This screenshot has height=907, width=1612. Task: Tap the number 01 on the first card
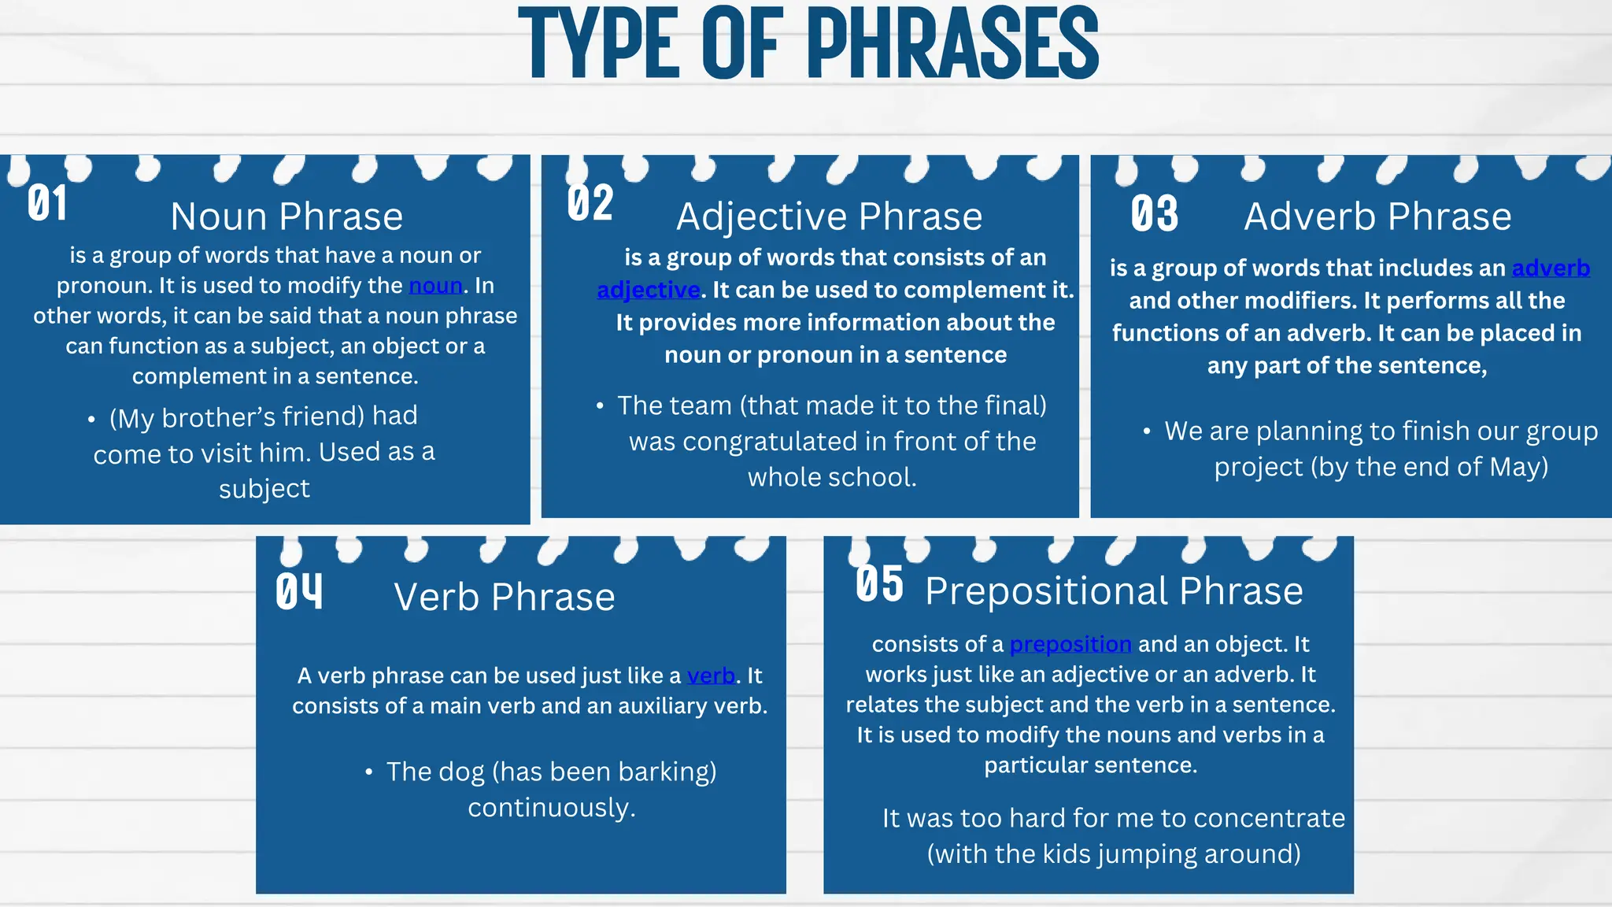pos(47,203)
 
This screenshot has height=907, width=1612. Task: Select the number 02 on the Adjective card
pos(590,203)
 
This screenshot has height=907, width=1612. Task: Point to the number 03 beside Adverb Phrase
pos(1155,213)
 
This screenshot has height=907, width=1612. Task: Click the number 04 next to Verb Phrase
pos(299,591)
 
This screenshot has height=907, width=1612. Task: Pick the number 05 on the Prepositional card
pos(879,584)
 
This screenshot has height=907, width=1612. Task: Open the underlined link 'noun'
pos(435,285)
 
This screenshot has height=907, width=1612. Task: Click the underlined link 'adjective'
pos(649,290)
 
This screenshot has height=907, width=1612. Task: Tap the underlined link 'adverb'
pos(1551,268)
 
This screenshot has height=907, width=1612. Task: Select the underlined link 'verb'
pos(711,676)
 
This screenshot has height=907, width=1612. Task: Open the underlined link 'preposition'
pos(1070,644)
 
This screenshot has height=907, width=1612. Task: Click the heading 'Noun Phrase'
pos(287,217)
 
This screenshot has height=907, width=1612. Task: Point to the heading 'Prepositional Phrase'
pos(1114,590)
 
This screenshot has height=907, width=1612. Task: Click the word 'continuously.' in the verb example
pos(551,808)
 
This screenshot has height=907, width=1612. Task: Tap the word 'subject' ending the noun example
pos(264,489)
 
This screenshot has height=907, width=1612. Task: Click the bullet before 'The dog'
pos(369,772)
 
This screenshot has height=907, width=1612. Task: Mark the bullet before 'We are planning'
pos(1147,431)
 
